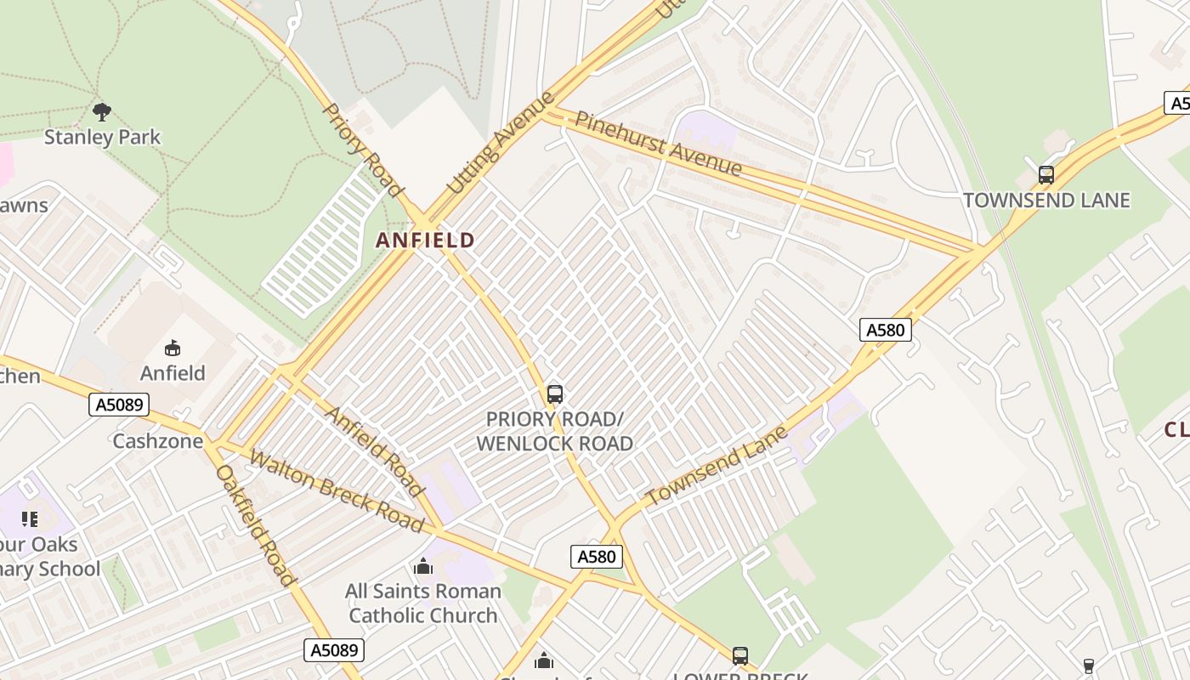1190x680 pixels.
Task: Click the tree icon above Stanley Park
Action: pyautogui.click(x=102, y=111)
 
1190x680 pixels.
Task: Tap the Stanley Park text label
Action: pyautogui.click(x=102, y=137)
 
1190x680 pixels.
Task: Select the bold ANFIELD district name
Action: pyautogui.click(x=425, y=241)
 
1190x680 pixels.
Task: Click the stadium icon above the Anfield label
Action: pyautogui.click(x=173, y=348)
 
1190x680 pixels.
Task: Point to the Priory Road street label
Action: pyautogui.click(x=361, y=148)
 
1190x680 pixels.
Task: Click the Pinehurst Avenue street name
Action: pyautogui.click(x=658, y=144)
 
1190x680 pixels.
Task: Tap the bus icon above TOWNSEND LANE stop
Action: pyautogui.click(x=1045, y=175)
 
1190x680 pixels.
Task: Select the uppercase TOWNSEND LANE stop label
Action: pyautogui.click(x=1046, y=201)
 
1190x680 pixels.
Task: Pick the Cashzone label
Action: pyautogui.click(x=158, y=441)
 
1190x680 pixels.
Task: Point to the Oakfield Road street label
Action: pyautogui.click(x=255, y=524)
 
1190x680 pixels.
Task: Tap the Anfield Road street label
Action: pyautogui.click(x=375, y=451)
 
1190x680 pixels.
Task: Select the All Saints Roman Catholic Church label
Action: pyautogui.click(x=423, y=603)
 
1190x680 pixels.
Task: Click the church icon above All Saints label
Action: pyautogui.click(x=422, y=566)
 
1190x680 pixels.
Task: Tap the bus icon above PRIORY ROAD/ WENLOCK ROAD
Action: pyautogui.click(x=554, y=394)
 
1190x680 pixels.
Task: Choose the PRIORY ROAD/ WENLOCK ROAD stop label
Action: pyautogui.click(x=554, y=431)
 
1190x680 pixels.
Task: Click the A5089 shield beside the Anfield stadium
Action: pyautogui.click(x=119, y=405)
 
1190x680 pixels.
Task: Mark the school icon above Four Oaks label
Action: pyautogui.click(x=30, y=518)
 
